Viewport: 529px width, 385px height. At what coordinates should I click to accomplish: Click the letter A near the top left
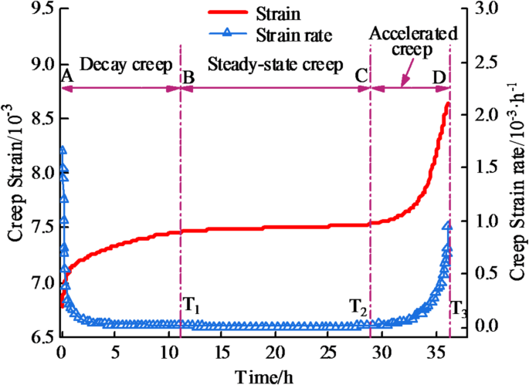[x=66, y=76]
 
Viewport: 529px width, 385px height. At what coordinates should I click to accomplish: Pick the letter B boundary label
[x=188, y=77]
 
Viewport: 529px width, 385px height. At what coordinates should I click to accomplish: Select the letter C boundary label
[x=360, y=77]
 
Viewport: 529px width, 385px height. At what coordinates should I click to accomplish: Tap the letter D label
[x=439, y=77]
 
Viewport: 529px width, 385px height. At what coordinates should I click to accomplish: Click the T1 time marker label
[x=191, y=306]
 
